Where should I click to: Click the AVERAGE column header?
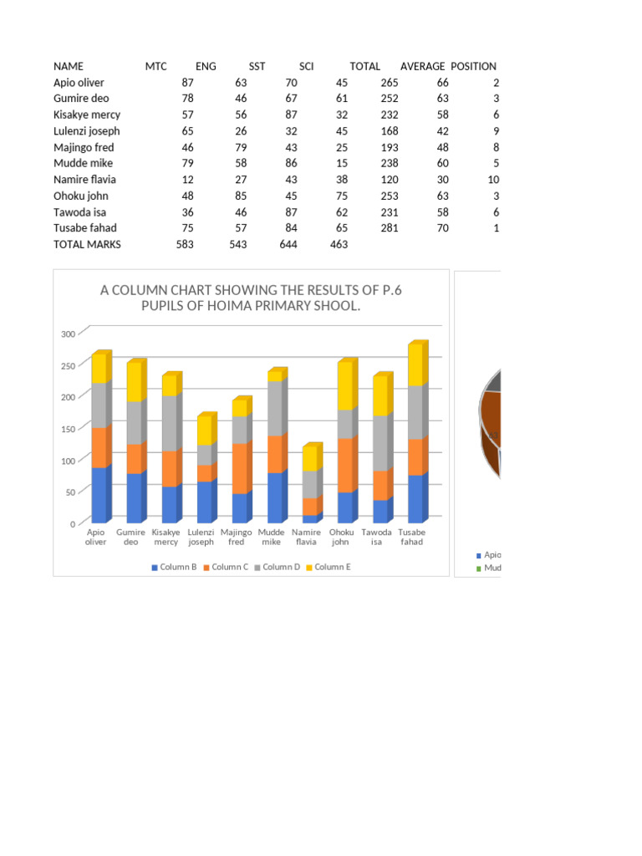[422, 67]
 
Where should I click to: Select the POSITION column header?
[473, 67]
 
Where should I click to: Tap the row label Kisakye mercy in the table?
[87, 115]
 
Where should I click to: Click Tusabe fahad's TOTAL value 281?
[390, 228]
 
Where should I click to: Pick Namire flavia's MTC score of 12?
[187, 180]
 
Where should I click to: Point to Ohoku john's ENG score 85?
[241, 196]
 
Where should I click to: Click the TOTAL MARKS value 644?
[288, 245]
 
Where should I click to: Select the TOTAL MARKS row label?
[87, 245]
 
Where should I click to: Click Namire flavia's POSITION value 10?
[493, 180]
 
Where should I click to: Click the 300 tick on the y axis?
[69, 334]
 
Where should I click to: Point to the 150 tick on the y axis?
[69, 429]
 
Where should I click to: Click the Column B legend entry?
[174, 568]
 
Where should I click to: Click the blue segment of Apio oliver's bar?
[101, 495]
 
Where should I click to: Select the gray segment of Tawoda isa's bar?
[383, 443]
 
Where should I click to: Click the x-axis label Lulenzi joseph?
[201, 538]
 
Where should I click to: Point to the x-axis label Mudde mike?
[272, 538]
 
